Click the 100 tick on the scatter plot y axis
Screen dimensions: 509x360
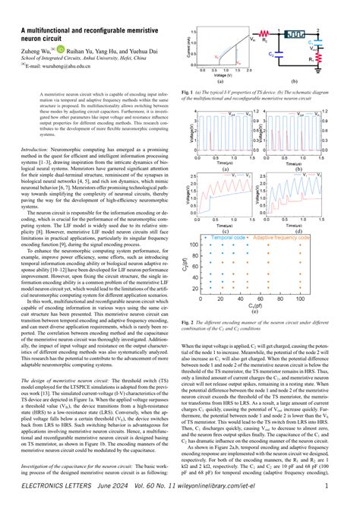[204, 244]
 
